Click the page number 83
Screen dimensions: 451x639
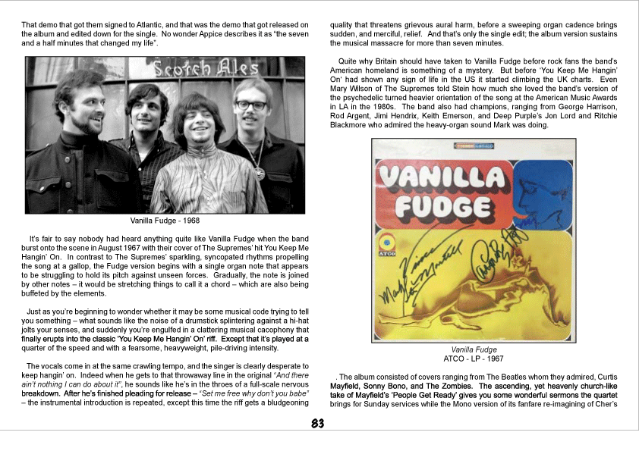319,424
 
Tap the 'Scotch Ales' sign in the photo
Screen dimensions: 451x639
206,69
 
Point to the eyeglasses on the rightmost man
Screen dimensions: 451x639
250,105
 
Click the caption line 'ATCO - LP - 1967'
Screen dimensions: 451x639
474,359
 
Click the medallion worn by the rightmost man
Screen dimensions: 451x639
259,174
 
